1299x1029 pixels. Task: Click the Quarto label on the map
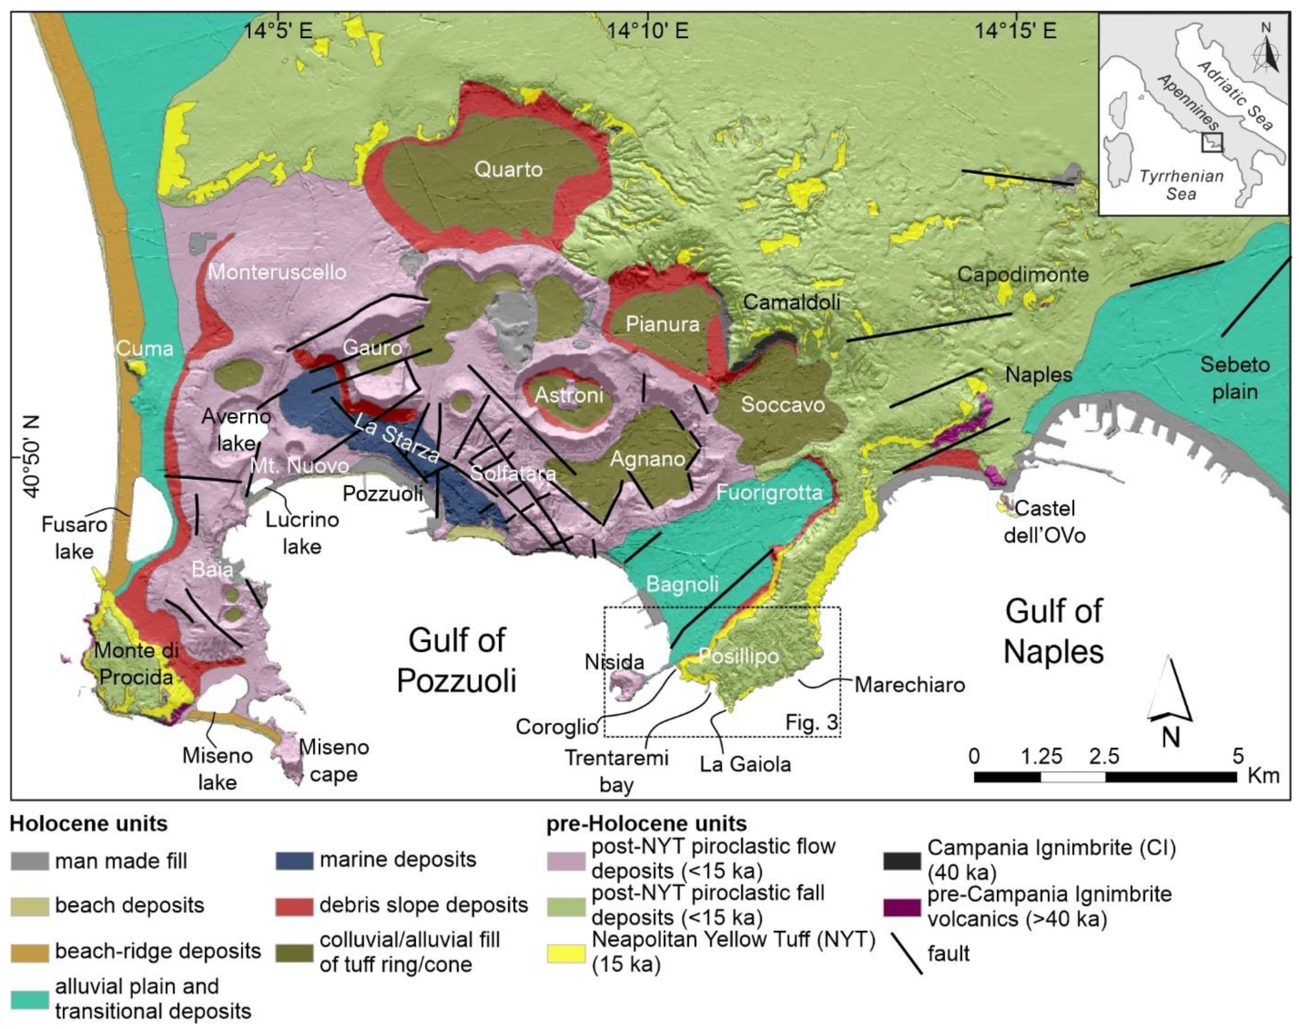(x=508, y=169)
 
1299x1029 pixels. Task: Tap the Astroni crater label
(x=569, y=395)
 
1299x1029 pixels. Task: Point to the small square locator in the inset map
(x=1211, y=142)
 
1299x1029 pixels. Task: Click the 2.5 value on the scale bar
(x=1104, y=756)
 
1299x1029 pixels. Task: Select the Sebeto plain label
(x=1235, y=378)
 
